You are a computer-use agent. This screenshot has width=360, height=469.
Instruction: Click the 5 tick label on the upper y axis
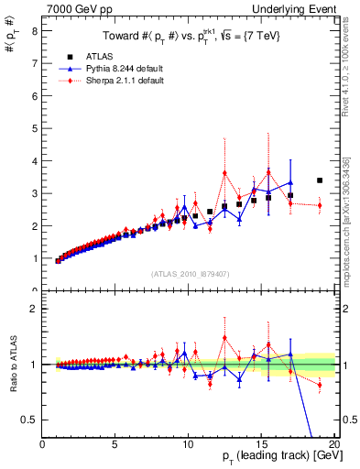click(x=35, y=128)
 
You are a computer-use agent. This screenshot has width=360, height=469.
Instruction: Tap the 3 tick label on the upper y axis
click(x=35, y=193)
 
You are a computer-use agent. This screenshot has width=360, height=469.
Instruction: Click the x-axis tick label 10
click(x=189, y=445)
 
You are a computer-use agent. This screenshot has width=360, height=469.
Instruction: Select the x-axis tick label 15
click(x=262, y=445)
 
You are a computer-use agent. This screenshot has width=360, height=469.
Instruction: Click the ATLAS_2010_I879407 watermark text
click(x=191, y=274)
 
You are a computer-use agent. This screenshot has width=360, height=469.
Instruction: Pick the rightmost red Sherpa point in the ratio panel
click(x=320, y=385)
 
